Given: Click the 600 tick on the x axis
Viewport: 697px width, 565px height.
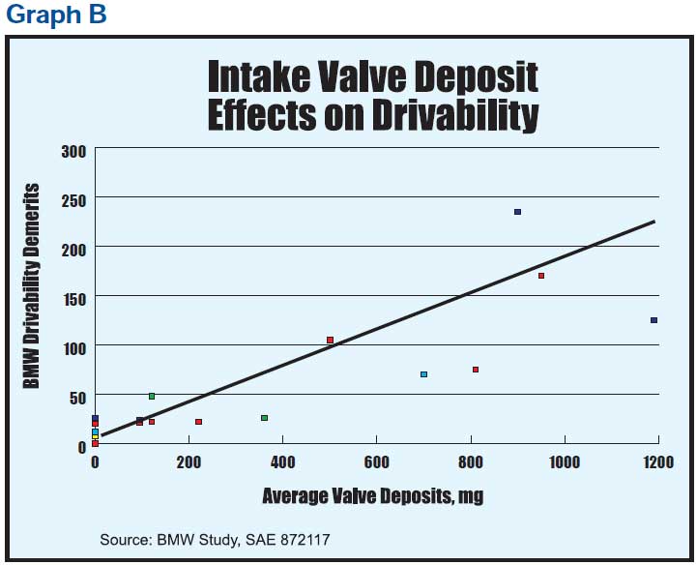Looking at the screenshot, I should click(x=376, y=462).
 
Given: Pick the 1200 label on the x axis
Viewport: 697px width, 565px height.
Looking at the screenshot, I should click(x=658, y=462).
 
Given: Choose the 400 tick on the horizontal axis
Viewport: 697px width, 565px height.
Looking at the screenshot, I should click(x=282, y=462).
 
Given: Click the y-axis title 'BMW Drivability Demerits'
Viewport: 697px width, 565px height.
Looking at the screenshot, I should click(x=32, y=286).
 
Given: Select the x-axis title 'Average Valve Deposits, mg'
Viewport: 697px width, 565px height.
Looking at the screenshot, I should click(x=372, y=496).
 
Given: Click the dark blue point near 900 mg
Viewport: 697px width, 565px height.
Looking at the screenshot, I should click(x=517, y=212).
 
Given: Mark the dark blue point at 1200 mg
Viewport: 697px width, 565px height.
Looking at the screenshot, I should click(x=653, y=320).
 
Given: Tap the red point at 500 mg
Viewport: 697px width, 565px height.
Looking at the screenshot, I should click(x=330, y=340).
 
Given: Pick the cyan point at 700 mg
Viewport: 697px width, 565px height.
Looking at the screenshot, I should click(x=423, y=374).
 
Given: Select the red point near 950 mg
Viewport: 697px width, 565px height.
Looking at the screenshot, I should click(x=541, y=276).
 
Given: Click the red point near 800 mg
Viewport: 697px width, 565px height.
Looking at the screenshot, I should click(x=476, y=370).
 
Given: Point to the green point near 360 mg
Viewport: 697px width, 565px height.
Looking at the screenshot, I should click(x=264, y=418).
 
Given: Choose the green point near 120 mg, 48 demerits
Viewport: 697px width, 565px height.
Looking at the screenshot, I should click(x=152, y=396).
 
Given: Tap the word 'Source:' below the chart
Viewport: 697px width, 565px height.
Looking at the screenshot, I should click(x=126, y=539).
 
